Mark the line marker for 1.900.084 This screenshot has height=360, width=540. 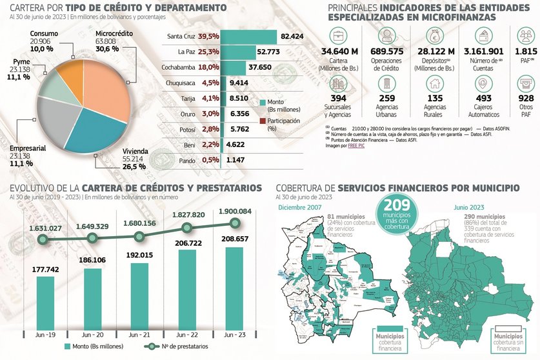click(235, 223)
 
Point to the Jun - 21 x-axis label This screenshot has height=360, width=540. click(139, 335)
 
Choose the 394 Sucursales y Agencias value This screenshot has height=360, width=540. click(339, 97)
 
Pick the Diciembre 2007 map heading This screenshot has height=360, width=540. click(299, 206)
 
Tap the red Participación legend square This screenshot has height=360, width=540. click(262, 120)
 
